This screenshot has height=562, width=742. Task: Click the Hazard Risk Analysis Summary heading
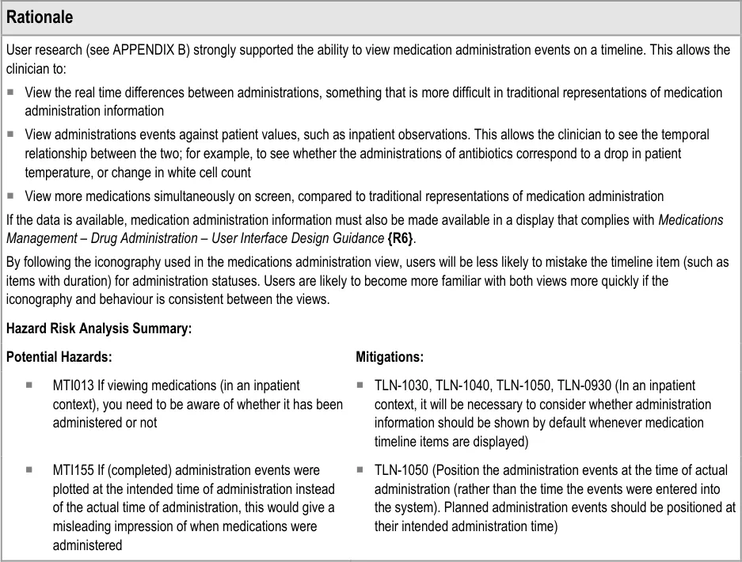99,328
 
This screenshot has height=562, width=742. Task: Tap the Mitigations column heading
390,357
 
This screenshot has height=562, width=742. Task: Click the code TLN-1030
403,385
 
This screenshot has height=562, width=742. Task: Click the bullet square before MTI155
29,470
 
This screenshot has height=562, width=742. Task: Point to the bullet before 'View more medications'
10,196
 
